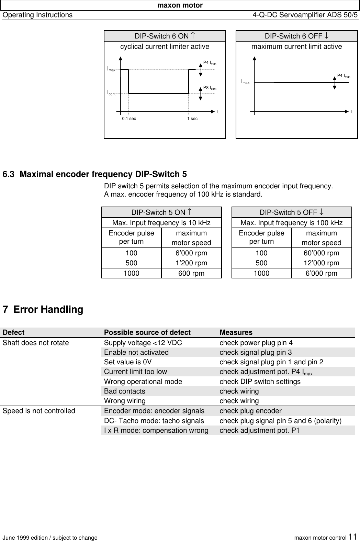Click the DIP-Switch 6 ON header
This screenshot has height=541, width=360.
(x=165, y=36)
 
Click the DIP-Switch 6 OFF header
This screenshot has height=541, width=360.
(x=296, y=36)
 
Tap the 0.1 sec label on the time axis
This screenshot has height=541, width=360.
(x=129, y=119)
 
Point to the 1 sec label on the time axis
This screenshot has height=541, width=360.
(x=192, y=119)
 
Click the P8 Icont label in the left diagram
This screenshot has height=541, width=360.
(x=210, y=88)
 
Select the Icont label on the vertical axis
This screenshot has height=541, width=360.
(x=111, y=93)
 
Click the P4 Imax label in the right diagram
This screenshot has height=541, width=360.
(x=344, y=76)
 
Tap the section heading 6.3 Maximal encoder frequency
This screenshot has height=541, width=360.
(x=95, y=174)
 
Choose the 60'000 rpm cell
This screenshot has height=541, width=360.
(x=321, y=253)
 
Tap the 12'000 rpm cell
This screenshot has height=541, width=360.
(x=321, y=263)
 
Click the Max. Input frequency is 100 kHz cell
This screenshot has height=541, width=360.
(x=291, y=223)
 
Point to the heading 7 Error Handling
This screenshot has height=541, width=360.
(x=43, y=309)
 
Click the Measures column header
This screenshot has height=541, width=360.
(x=236, y=332)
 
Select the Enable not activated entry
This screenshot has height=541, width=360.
(x=136, y=352)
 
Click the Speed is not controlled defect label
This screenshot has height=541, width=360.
(x=38, y=411)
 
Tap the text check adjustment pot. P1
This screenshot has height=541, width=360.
(x=259, y=430)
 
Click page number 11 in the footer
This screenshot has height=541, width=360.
(x=353, y=537)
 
